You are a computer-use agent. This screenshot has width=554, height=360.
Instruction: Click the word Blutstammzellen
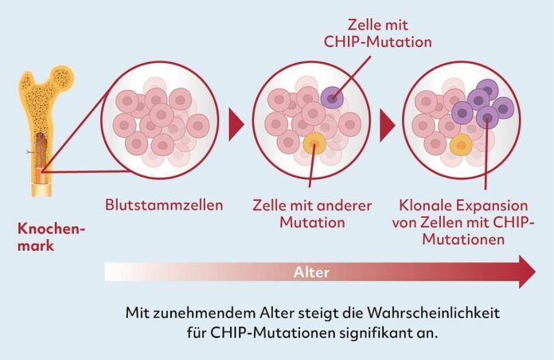(164, 205)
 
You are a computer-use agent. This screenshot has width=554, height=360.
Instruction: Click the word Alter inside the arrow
(312, 272)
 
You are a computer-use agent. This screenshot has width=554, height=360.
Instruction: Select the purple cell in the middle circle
(334, 98)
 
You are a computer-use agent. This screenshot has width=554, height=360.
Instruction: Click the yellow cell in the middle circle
(314, 143)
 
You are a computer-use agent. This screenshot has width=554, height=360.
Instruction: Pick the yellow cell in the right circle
(460, 144)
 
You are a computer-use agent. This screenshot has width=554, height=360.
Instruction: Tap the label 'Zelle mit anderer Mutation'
(312, 213)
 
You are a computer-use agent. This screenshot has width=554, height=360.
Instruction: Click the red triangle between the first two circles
(236, 123)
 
